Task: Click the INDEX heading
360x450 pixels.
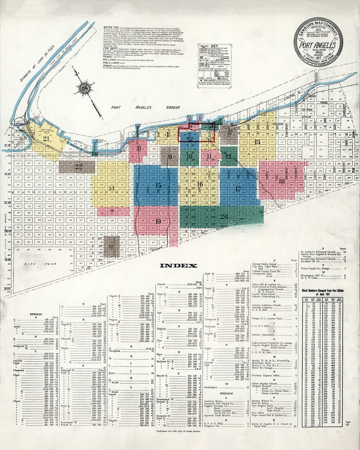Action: (178, 266)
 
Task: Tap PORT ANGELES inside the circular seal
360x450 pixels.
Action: (318, 45)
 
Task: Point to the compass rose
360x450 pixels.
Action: (83, 88)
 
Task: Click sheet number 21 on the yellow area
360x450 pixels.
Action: (46, 139)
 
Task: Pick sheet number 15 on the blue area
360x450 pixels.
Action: (158, 185)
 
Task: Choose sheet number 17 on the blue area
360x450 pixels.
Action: (238, 189)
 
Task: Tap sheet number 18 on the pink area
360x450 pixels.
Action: (282, 181)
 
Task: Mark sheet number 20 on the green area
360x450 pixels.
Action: (224, 217)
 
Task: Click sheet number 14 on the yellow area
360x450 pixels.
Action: (112, 188)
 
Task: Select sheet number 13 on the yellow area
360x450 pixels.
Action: (257, 142)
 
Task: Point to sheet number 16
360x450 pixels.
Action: (200, 184)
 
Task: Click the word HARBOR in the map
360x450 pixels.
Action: (173, 108)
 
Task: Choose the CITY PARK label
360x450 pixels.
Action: (40, 264)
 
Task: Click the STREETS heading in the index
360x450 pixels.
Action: (36, 314)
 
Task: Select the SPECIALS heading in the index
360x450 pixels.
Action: (226, 393)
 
